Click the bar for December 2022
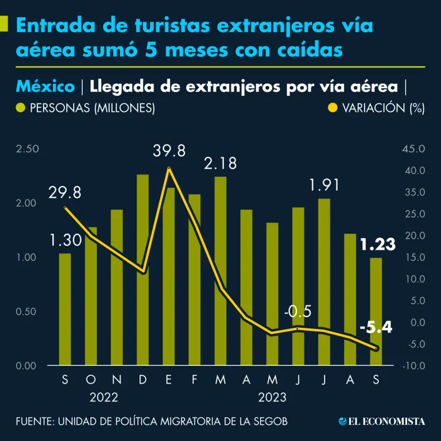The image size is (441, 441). pos(143,270)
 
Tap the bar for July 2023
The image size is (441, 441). pos(324,282)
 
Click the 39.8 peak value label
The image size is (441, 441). pos(169,152)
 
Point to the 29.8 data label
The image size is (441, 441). pos(64,193)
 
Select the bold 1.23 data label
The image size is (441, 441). pos(378,245)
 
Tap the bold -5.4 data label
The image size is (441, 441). pos(376,328)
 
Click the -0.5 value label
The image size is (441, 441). pos(297,312)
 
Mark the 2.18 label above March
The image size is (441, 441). pos(220,164)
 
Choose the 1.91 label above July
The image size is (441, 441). pos(324,185)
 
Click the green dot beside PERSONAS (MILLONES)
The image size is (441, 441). pos(21,107)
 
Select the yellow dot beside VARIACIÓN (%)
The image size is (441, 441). pos(332,107)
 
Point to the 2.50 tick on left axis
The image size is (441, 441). pos(28,149)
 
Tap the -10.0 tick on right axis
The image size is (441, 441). pos(412,366)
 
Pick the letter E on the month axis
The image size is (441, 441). pos(169,380)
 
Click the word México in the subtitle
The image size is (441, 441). pos(45,87)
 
